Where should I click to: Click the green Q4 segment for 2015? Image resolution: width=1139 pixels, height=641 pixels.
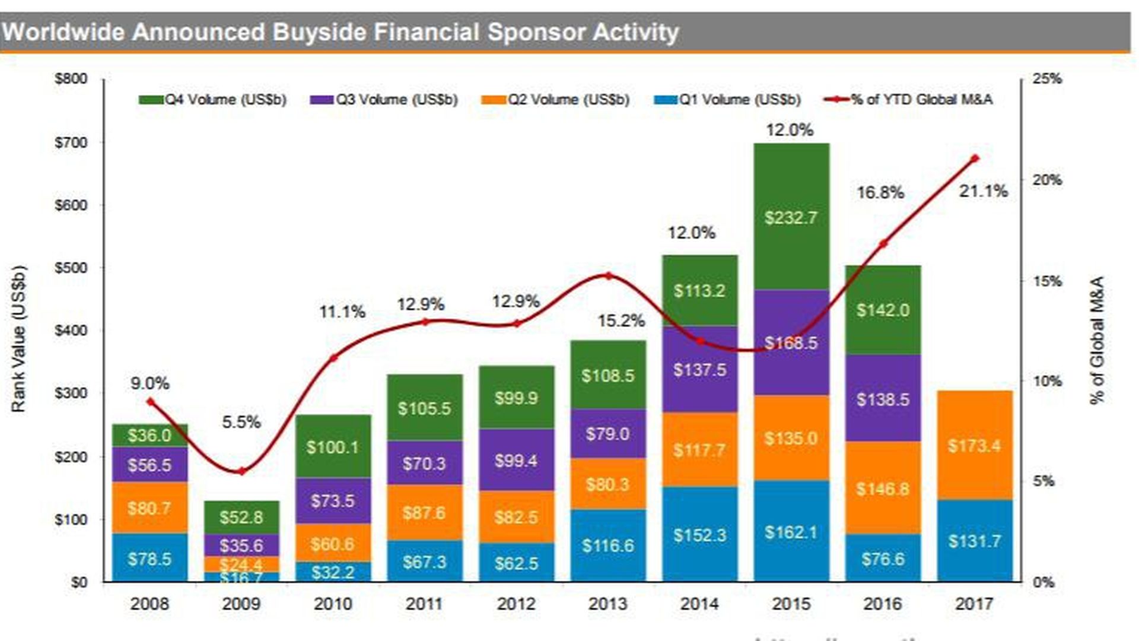(x=791, y=217)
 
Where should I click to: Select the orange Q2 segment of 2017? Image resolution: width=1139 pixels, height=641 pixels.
(x=974, y=445)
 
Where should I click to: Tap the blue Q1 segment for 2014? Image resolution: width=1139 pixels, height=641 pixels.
(x=699, y=534)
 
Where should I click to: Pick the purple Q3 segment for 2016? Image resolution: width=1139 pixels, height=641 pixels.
(x=883, y=398)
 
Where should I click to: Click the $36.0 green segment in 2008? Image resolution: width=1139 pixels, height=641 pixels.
(x=149, y=435)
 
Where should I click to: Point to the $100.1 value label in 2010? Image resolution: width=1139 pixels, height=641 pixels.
(x=332, y=447)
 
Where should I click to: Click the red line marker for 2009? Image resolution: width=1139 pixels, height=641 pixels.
(x=241, y=471)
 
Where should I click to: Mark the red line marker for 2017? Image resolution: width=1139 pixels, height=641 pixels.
(x=975, y=158)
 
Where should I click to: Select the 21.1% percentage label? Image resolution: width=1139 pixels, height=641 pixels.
(x=983, y=191)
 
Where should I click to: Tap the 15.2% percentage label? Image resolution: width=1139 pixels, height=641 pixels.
(x=621, y=321)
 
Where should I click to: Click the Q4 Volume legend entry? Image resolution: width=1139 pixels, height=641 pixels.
(x=213, y=100)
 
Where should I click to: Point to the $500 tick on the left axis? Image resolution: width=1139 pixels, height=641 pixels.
(x=71, y=268)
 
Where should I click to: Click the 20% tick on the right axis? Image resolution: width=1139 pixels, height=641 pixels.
(x=1046, y=180)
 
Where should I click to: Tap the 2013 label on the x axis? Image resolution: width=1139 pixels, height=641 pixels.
(x=607, y=604)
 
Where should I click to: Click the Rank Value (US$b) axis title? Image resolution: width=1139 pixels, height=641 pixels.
(x=19, y=338)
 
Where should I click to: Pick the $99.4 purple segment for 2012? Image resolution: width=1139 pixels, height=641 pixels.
(x=516, y=460)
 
